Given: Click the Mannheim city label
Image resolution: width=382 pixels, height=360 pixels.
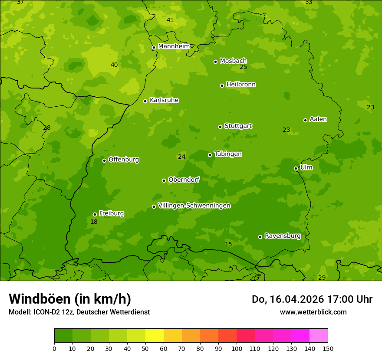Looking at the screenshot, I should pyautogui.click(x=174, y=46).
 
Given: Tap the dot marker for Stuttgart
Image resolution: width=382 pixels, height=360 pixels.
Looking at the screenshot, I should pyautogui.click(x=220, y=127).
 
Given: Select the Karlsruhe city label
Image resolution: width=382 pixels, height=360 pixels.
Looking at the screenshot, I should pyautogui.click(x=164, y=100).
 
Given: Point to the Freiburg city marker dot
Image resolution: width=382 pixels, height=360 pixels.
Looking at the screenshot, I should pyautogui.click(x=95, y=214).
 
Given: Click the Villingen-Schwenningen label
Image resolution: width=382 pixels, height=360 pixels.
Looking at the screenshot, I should pyautogui.click(x=194, y=206).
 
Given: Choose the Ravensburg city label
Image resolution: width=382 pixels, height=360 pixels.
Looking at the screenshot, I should pyautogui.click(x=283, y=236).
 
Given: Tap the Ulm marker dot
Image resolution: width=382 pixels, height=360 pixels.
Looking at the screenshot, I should pyautogui.click(x=296, y=168).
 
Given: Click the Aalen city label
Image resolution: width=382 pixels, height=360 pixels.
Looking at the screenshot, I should pyautogui.click(x=318, y=119).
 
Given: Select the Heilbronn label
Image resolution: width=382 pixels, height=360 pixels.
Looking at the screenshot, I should pyautogui.click(x=241, y=85).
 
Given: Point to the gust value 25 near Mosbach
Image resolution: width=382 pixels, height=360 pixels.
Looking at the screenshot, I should pyautogui.click(x=243, y=67).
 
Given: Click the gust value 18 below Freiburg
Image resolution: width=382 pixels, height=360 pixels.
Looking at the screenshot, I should pyautogui.click(x=94, y=222).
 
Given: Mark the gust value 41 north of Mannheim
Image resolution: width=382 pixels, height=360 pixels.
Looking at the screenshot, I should pyautogui.click(x=170, y=20).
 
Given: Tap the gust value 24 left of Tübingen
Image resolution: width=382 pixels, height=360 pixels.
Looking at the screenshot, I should pyautogui.click(x=181, y=157).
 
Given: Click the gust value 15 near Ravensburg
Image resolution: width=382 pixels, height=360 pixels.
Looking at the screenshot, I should pyautogui.click(x=228, y=245).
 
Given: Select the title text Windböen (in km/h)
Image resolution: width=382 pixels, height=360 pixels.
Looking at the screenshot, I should pyautogui.click(x=70, y=299).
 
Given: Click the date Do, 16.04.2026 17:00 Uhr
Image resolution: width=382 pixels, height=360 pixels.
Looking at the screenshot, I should pyautogui.click(x=312, y=299).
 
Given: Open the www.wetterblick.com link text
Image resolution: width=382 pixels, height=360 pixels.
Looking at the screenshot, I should pyautogui.click(x=313, y=312).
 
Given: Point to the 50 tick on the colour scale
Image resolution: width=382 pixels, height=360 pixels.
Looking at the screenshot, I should pyautogui.click(x=145, y=348).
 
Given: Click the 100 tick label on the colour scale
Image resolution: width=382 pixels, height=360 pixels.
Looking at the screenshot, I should pyautogui.click(x=237, y=348).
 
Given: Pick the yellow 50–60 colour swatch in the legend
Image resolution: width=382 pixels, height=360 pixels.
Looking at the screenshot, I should pyautogui.click(x=155, y=335).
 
